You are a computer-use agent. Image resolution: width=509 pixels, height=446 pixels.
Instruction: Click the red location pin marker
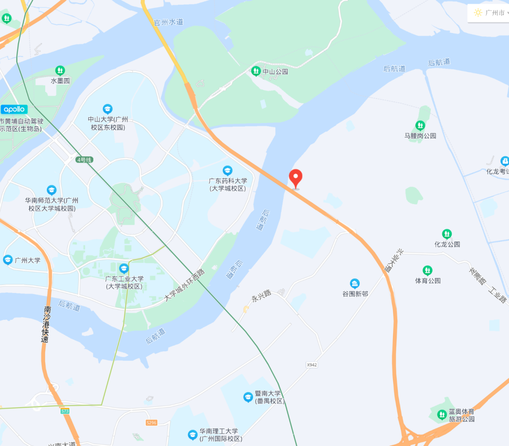tap(296, 178)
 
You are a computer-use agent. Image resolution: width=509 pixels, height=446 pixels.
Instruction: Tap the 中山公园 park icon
tap(255, 71)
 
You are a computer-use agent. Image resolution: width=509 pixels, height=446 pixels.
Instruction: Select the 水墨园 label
tap(60, 81)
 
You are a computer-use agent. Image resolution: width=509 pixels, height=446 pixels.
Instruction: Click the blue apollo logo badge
tap(14, 109)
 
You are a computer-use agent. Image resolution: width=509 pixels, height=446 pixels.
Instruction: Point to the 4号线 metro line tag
tap(85, 160)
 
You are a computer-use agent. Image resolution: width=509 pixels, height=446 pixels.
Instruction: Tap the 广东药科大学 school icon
tap(228, 170)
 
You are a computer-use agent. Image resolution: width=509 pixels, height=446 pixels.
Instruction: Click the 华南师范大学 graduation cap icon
tap(51, 190)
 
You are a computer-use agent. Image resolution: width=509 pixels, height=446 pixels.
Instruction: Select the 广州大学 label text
tap(27, 260)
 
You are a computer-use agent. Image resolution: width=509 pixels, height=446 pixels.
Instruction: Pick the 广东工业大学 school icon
tap(123, 268)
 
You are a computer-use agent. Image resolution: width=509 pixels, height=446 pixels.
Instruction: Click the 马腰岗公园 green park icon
tap(420, 126)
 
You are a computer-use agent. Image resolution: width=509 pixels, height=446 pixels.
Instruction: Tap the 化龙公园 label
tap(447, 244)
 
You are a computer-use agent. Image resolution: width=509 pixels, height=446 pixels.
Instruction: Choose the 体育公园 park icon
tap(427, 270)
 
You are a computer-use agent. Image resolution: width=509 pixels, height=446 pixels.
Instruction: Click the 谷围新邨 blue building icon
tap(355, 284)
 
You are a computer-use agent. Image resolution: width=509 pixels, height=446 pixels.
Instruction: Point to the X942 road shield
tap(312, 365)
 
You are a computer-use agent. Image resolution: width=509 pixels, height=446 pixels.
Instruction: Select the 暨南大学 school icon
tap(248, 397)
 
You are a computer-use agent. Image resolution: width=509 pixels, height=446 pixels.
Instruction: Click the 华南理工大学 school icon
tap(192, 435)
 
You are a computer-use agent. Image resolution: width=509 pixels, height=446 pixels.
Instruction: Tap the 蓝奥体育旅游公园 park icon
tap(442, 414)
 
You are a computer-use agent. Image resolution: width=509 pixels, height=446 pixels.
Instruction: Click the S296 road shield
tap(151, 422)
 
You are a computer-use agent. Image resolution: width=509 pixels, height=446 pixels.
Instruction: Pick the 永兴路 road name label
tap(261, 296)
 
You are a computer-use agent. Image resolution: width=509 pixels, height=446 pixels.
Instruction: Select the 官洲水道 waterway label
tap(168, 22)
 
